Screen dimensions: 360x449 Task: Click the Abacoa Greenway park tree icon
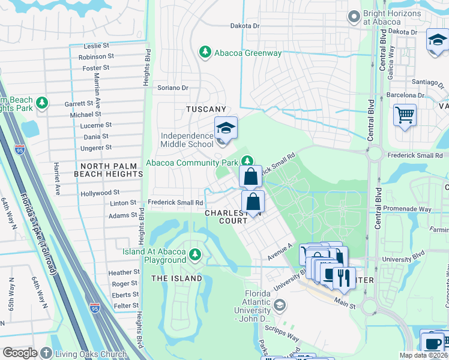tap(205, 53)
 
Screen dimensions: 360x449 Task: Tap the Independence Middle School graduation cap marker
tap(226, 128)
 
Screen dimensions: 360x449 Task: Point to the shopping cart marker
tap(405, 114)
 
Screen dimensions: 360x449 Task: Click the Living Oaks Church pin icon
tap(46, 353)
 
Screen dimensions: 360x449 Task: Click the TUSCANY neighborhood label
tap(206, 109)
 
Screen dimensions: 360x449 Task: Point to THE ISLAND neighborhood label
tap(176, 278)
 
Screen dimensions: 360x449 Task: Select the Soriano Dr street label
tap(173, 88)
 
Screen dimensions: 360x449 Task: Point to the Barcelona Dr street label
tap(405, 95)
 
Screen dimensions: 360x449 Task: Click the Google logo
tap(20, 353)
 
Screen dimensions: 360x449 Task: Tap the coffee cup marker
tap(432, 343)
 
